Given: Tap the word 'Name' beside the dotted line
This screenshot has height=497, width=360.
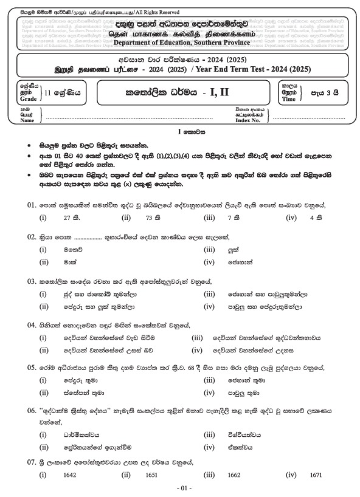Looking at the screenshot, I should (x=27, y=120).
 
